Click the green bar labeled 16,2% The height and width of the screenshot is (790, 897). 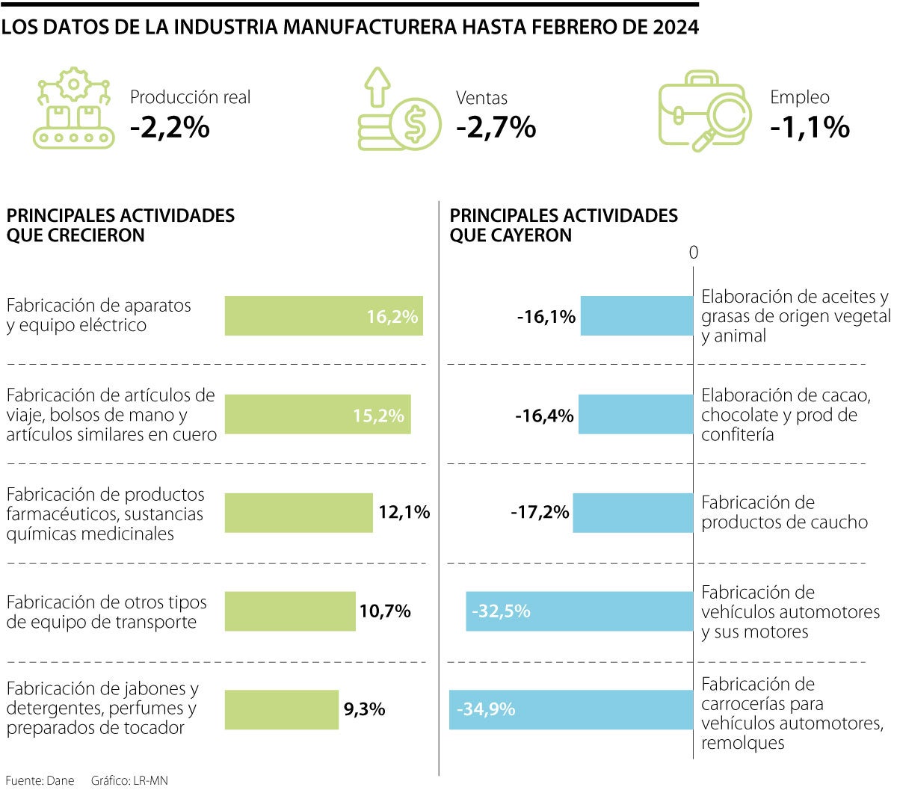(324, 316)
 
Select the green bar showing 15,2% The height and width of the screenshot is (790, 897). (318, 415)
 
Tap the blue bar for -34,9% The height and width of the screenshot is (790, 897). (571, 709)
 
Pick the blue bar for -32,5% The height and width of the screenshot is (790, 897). (579, 611)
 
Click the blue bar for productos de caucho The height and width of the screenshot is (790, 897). (633, 513)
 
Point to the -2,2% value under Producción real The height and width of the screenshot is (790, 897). (170, 127)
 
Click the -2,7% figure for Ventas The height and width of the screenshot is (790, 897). (496, 127)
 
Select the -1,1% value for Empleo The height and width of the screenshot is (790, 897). (810, 127)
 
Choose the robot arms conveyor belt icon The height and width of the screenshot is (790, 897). (73, 108)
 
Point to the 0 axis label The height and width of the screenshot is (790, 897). (693, 253)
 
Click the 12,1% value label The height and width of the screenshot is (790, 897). (404, 512)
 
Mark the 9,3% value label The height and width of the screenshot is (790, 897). (364, 709)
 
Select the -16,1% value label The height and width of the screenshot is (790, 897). (546, 317)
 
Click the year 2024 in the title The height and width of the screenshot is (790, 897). (676, 28)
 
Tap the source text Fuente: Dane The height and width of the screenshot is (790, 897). (40, 780)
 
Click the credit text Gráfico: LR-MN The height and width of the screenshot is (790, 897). (129, 780)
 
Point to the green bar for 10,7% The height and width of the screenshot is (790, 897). (290, 611)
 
